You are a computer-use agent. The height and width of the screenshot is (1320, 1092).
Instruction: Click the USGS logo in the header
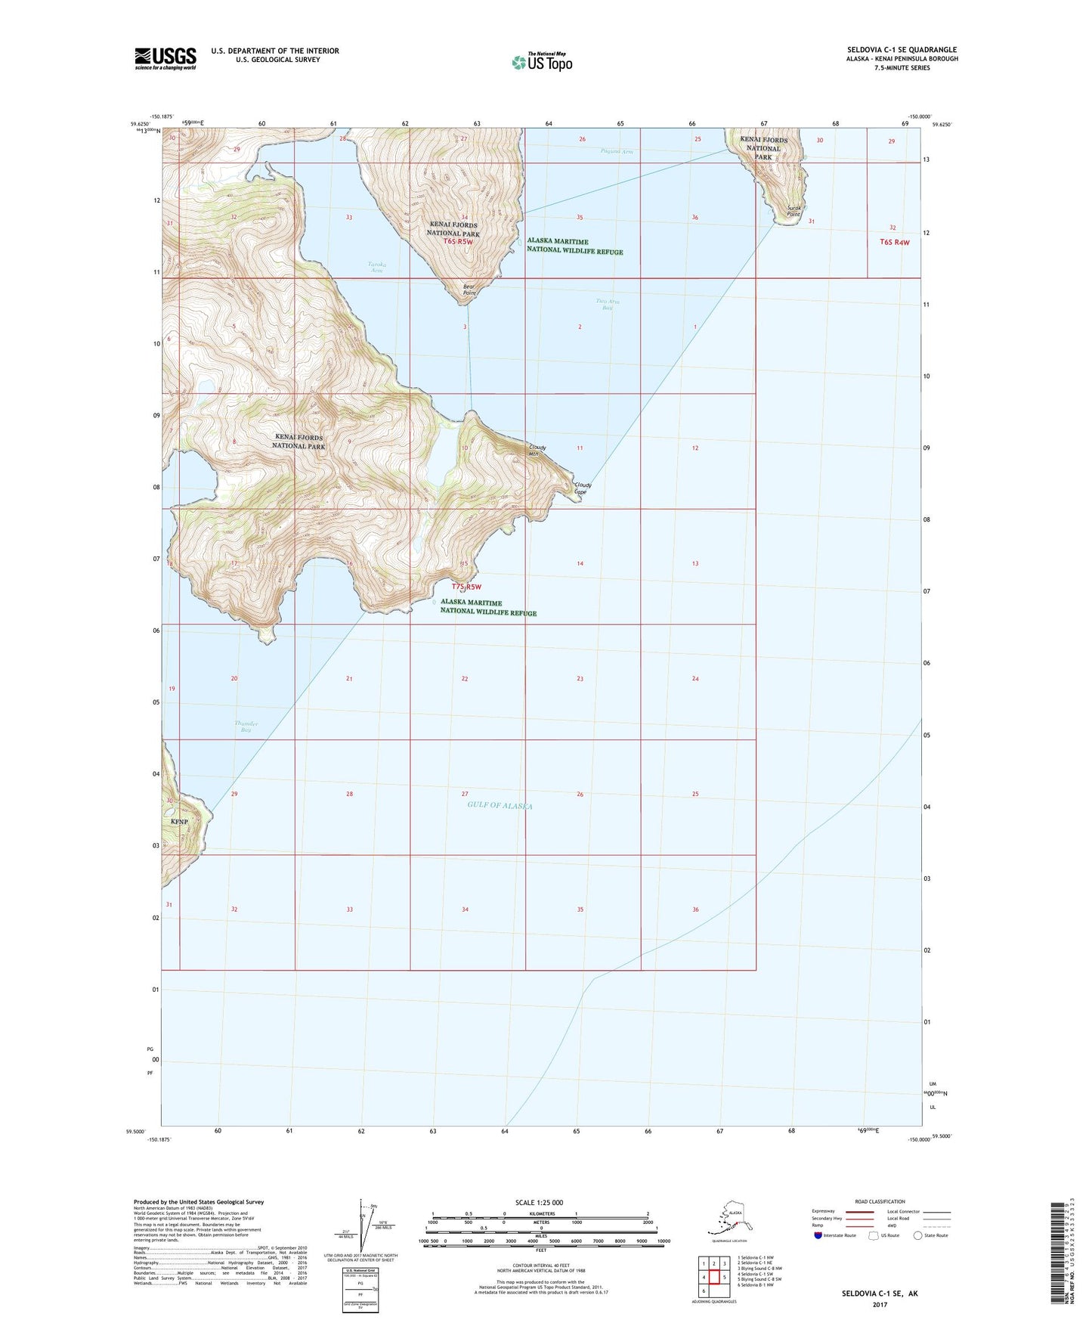coord(165,58)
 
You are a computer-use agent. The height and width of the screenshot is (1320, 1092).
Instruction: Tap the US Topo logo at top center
coord(541,61)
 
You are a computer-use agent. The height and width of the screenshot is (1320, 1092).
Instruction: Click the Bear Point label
coord(469,290)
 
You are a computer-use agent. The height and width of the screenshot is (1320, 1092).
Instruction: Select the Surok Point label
coord(793,211)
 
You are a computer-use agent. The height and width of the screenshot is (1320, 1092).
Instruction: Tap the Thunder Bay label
coord(246,727)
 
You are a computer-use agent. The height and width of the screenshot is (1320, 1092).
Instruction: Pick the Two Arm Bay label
coord(607,304)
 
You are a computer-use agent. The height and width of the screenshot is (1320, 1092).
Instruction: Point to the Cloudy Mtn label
coord(537,451)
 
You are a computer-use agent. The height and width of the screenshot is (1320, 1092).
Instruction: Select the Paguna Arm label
coord(617,151)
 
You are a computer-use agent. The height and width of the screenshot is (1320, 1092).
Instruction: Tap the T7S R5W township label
coord(466,587)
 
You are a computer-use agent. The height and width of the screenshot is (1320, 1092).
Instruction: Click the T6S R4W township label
coord(894,242)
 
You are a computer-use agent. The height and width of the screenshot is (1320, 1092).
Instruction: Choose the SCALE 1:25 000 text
coord(540,1202)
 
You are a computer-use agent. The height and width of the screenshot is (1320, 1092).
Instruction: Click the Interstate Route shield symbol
coord(818,1235)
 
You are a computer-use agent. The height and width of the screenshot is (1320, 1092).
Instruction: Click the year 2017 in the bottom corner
coord(880,1304)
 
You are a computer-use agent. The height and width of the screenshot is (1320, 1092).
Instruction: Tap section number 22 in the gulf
coord(465,679)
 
